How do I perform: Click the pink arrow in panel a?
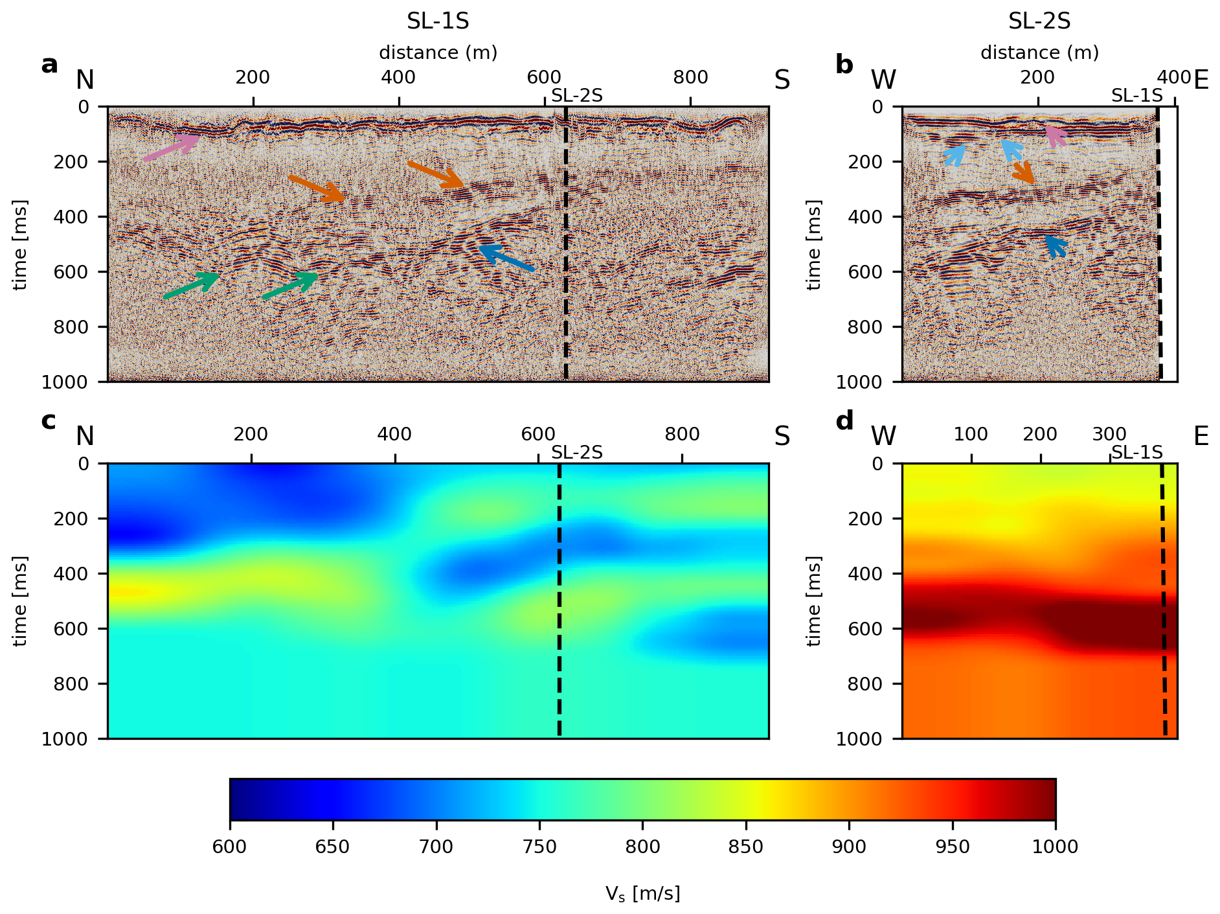click(x=170, y=147)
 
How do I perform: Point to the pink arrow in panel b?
click(x=1056, y=136)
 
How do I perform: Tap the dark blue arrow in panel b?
click(x=1056, y=246)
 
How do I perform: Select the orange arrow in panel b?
click(x=1023, y=173)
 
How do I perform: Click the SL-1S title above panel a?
click(x=438, y=21)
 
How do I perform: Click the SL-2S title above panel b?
click(x=1039, y=21)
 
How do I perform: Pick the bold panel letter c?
click(x=49, y=421)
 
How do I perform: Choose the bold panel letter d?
click(x=844, y=421)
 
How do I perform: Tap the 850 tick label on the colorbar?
click(x=745, y=847)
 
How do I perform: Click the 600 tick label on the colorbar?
click(x=229, y=847)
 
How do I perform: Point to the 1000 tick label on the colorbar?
click(x=1055, y=847)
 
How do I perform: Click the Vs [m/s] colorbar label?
click(x=642, y=894)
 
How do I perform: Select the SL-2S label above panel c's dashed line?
click(x=577, y=452)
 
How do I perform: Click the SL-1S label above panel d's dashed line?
click(x=1137, y=452)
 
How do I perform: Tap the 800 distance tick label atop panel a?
click(x=690, y=77)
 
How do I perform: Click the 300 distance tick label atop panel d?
click(x=1109, y=434)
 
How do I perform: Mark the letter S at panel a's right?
click(x=782, y=80)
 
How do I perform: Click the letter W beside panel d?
click(x=883, y=437)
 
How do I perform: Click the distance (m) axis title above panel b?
click(x=1039, y=52)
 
